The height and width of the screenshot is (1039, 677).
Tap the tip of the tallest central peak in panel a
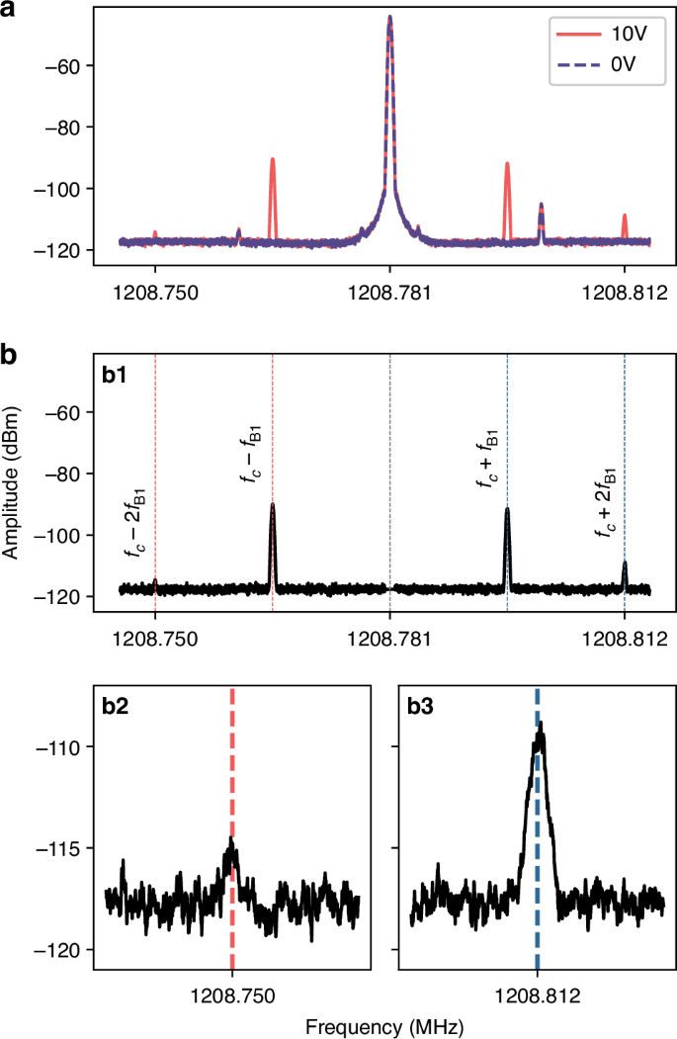point(390,17)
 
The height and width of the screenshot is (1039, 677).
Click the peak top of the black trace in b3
point(541,724)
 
